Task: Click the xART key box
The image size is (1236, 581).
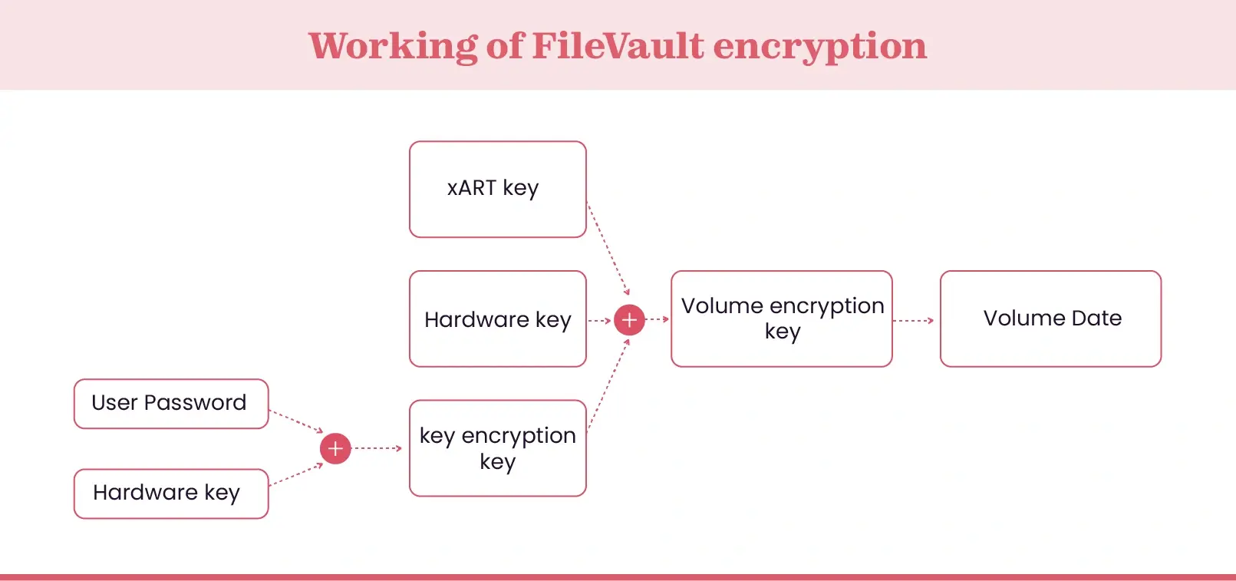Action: [x=497, y=189]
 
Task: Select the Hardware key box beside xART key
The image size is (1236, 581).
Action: [x=497, y=319]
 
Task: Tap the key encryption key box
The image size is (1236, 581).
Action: [x=497, y=448]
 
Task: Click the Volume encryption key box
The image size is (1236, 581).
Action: [x=781, y=319]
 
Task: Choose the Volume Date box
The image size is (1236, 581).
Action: [x=1050, y=319]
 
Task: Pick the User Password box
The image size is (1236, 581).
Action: [x=170, y=403]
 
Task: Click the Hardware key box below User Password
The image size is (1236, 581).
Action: [x=170, y=494]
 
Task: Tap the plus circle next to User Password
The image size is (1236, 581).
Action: [x=335, y=448]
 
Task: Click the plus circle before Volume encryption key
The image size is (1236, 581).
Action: [x=629, y=319]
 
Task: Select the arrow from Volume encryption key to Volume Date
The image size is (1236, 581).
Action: [x=914, y=320]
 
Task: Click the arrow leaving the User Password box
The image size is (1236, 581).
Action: [x=296, y=421]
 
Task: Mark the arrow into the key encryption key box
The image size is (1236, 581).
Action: [x=377, y=448]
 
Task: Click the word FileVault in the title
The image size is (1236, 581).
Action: [x=617, y=46]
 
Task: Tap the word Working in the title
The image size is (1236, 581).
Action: [x=393, y=46]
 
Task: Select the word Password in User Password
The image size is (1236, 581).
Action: [x=195, y=403]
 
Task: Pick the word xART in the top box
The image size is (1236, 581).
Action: [x=471, y=189]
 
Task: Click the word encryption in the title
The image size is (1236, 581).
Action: [x=819, y=46]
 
